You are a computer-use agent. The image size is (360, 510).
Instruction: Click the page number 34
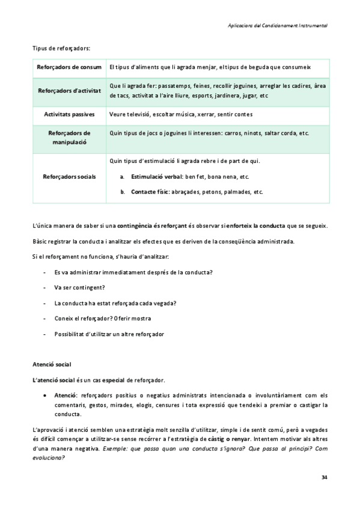pyautogui.click(x=325, y=478)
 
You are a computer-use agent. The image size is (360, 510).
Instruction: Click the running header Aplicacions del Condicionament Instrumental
pyautogui.click(x=278, y=26)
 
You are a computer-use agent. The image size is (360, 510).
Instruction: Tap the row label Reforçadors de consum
pyautogui.click(x=69, y=67)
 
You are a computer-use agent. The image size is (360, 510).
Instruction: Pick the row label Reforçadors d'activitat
pyautogui.click(x=69, y=91)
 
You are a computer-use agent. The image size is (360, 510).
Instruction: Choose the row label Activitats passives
pyautogui.click(x=69, y=114)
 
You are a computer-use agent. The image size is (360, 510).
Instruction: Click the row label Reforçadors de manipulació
pyautogui.click(x=69, y=138)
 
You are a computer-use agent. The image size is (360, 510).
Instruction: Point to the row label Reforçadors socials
pyautogui.click(x=69, y=177)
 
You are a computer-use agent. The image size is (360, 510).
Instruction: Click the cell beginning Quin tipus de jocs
pyautogui.click(x=209, y=133)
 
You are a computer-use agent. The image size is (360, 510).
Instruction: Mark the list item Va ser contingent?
pyautogui.click(x=79, y=287)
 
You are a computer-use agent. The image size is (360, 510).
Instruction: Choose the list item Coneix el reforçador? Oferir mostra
pyautogui.click(x=102, y=318)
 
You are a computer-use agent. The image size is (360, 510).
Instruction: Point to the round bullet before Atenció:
pyautogui.click(x=46, y=395)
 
